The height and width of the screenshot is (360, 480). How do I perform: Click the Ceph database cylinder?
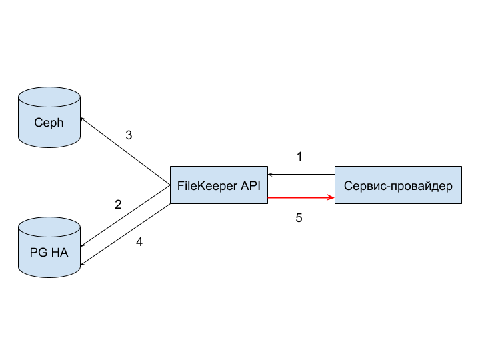[49, 117]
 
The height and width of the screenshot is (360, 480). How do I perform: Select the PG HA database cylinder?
[49, 247]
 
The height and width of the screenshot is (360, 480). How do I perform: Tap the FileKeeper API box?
[219, 185]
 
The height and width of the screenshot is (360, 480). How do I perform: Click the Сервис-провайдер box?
[398, 185]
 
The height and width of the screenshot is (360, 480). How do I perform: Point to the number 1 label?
[299, 157]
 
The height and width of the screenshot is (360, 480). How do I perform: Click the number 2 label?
[118, 205]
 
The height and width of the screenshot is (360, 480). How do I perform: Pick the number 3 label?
[129, 135]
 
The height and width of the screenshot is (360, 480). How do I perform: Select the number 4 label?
[139, 242]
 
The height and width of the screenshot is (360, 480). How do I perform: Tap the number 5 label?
[299, 218]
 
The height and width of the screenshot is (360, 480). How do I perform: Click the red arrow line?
[301, 198]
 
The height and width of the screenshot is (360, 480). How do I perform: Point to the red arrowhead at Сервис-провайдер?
[331, 198]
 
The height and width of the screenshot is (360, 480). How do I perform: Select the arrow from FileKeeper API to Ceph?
[125, 151]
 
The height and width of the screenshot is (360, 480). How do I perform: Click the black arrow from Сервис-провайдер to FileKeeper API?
[301, 175]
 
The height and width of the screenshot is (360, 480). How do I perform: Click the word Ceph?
[49, 123]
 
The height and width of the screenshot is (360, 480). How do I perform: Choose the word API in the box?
[251, 185]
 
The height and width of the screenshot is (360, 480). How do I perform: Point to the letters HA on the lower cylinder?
[60, 253]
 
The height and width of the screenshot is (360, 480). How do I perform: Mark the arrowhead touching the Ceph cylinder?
[82, 119]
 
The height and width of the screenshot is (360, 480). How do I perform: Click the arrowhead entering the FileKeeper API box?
[270, 175]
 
